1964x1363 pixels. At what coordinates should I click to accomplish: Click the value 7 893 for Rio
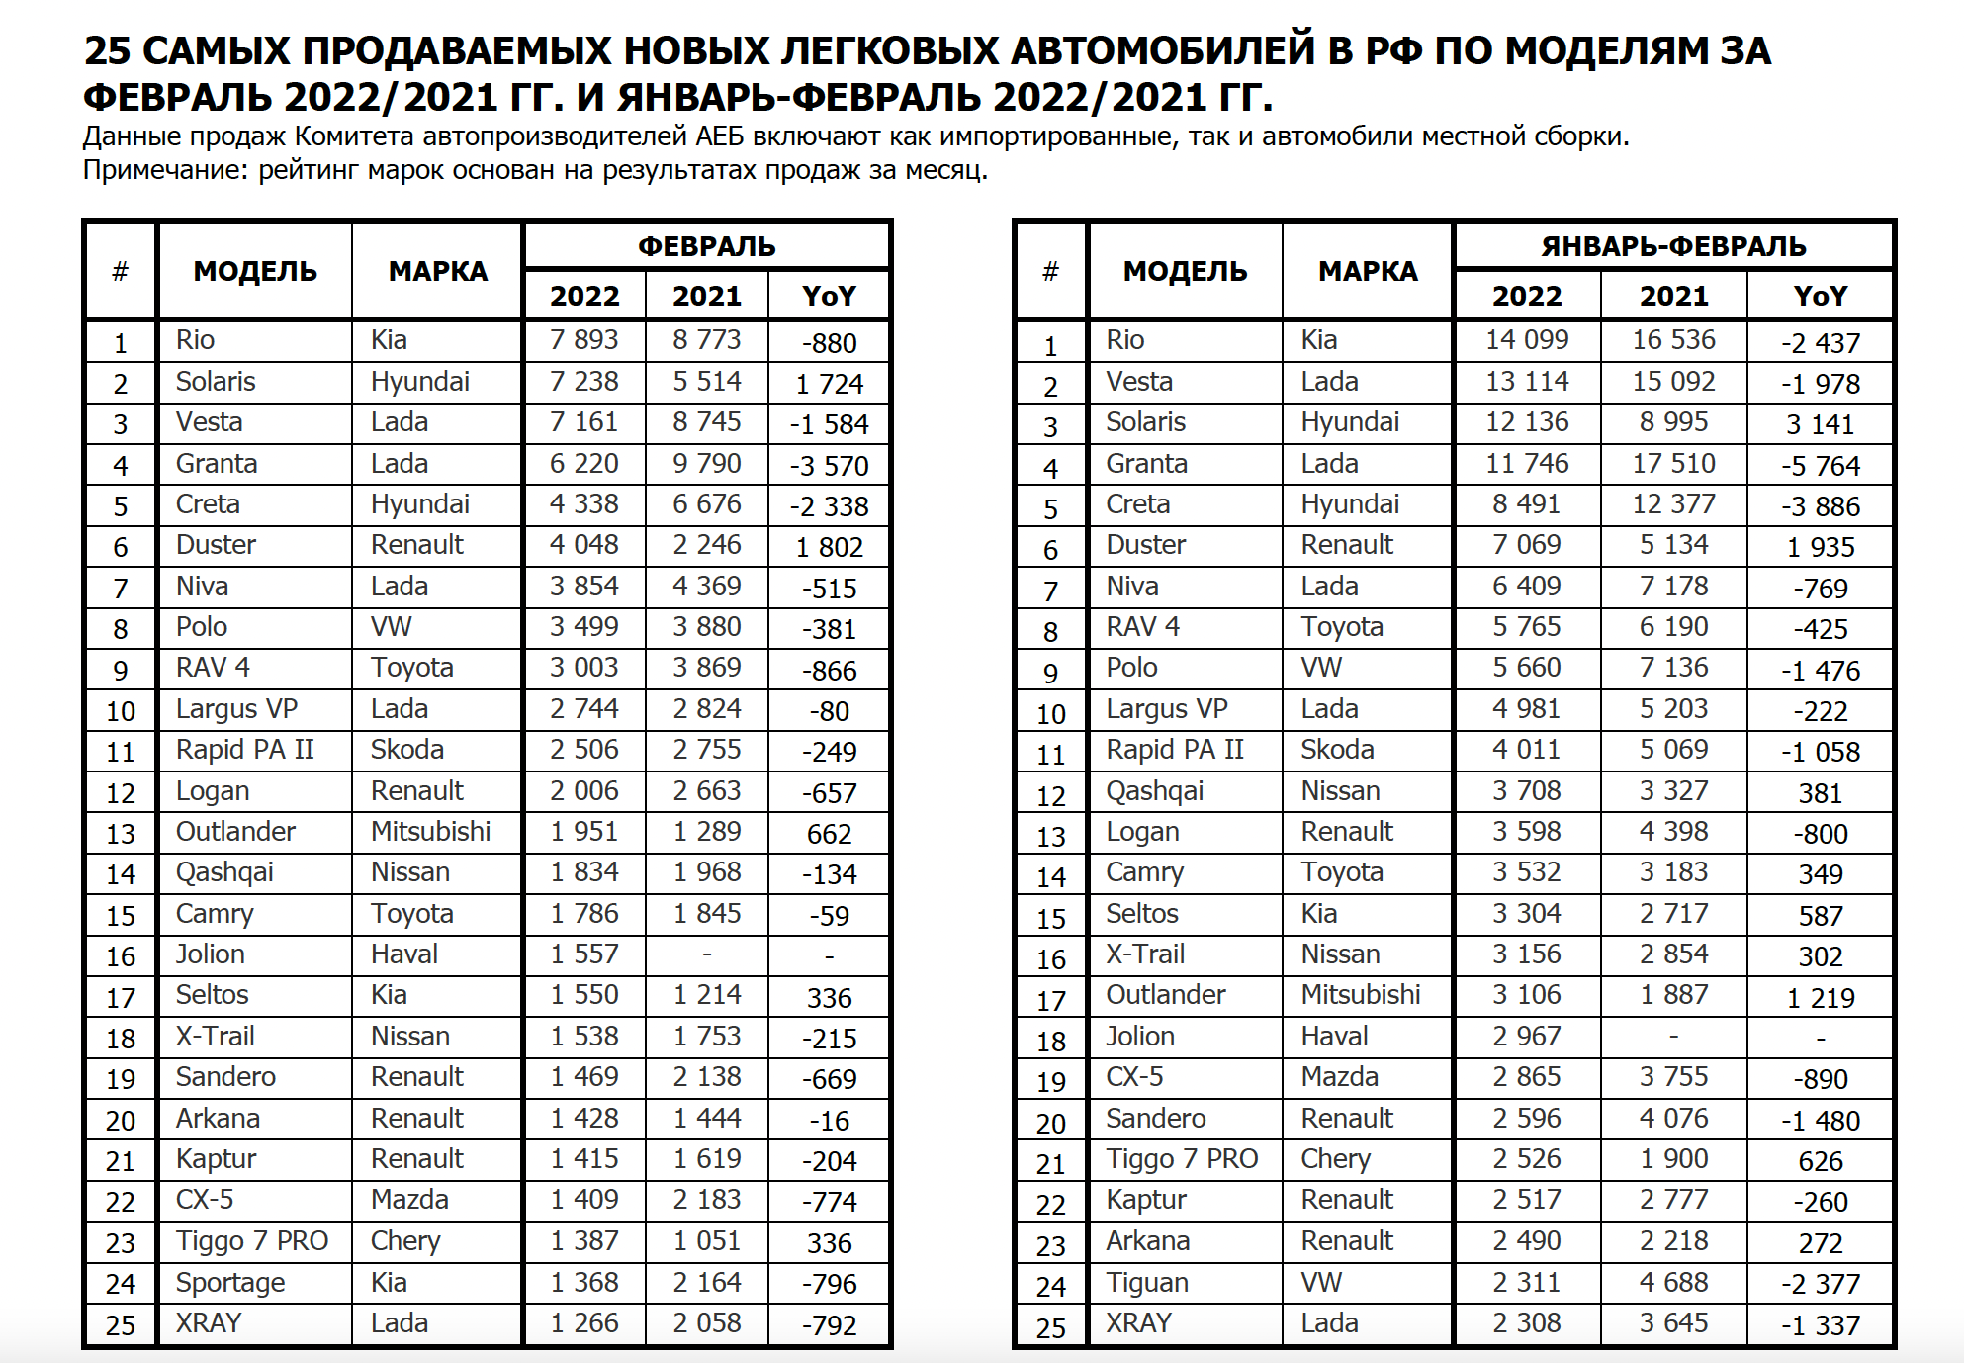coord(583,340)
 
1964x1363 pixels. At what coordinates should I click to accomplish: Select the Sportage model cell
coord(229,1283)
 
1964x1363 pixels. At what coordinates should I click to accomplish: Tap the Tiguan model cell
coord(1146,1283)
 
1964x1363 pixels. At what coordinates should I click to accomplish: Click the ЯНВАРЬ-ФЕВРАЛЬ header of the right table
coord(1673,246)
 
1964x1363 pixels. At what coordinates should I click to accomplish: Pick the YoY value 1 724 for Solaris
coord(829,384)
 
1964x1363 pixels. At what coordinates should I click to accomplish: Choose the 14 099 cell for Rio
coord(1526,340)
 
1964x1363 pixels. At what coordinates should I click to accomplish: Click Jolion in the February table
coord(210,954)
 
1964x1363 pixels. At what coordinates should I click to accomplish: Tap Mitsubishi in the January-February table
coord(1360,995)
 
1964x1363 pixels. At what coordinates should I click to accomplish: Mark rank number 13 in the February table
coord(121,834)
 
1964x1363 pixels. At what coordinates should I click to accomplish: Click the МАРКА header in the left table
coord(437,271)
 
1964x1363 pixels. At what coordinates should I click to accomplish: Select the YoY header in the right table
coord(1820,296)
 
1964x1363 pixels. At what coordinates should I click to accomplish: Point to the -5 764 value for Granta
coord(1820,466)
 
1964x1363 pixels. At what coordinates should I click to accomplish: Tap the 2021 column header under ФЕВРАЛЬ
coord(706,296)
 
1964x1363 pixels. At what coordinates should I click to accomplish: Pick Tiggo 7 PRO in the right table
coord(1181,1159)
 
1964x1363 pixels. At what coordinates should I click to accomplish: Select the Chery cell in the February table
coord(405,1241)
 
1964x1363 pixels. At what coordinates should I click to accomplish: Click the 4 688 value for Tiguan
coord(1673,1283)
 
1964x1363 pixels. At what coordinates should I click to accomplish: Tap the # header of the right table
coord(1050,271)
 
